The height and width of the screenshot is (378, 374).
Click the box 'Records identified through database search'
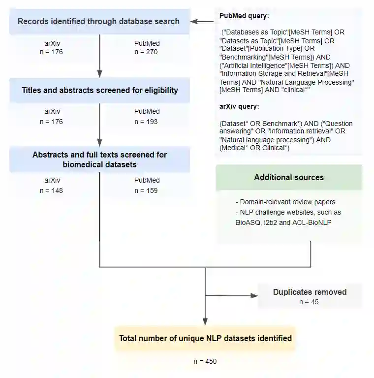tap(99, 21)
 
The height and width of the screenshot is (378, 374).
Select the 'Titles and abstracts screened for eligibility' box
tap(100, 91)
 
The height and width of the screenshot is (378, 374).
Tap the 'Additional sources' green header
tap(289, 177)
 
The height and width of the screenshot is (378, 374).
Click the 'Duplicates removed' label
tap(310, 292)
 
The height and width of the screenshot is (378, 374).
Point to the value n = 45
tap(309, 302)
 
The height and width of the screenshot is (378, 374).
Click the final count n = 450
tap(205, 361)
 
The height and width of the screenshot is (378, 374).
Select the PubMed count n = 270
tap(147, 52)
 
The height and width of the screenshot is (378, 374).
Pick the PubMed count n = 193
tap(147, 121)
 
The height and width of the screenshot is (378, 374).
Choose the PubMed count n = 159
tap(147, 190)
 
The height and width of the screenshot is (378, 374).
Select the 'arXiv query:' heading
tap(239, 106)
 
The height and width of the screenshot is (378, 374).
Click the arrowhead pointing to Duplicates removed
tap(254, 295)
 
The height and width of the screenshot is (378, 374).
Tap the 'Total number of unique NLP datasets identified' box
tap(205, 338)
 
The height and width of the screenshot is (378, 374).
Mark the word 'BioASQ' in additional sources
tap(248, 222)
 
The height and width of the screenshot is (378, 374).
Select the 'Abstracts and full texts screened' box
tap(100, 159)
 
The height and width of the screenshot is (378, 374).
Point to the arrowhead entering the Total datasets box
tap(205, 322)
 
